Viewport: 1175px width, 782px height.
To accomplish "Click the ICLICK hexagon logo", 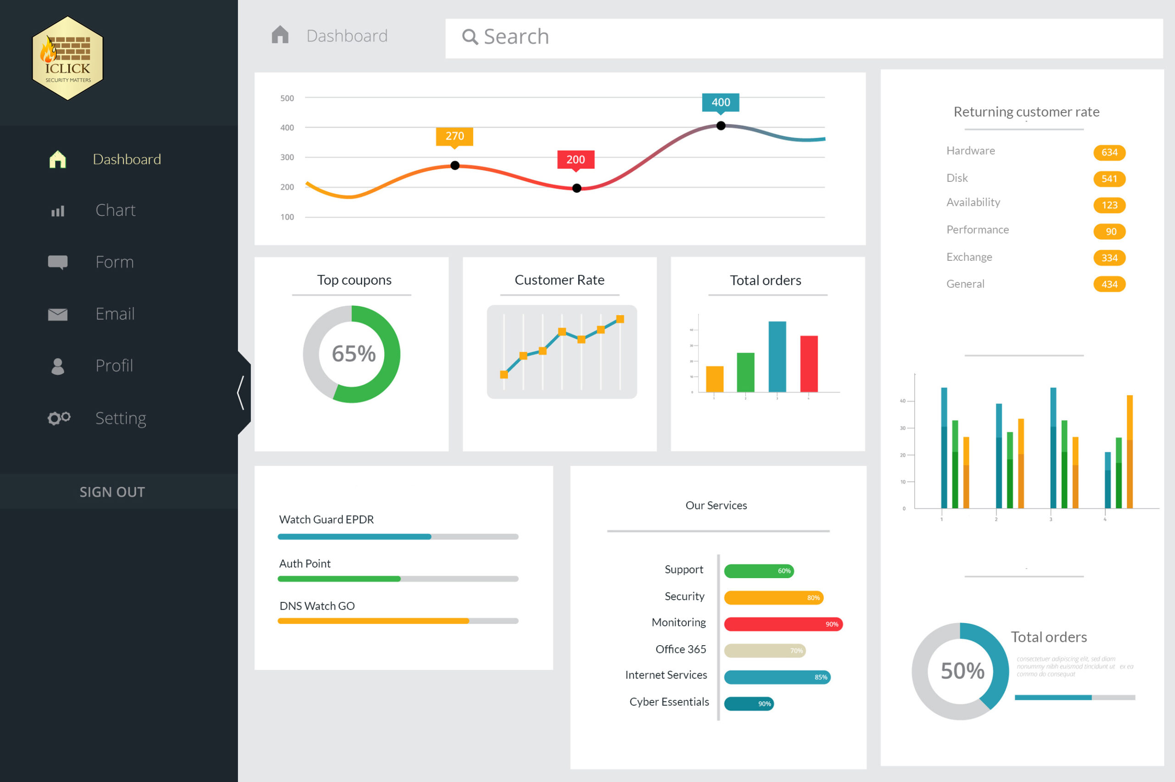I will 67,58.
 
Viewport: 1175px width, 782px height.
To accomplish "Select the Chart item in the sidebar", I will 115,210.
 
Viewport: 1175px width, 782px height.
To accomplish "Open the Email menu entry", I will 115,314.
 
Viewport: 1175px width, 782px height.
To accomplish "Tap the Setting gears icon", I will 59,418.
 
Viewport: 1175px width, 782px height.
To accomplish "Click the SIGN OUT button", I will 112,492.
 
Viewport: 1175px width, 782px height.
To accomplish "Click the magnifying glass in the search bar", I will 470,37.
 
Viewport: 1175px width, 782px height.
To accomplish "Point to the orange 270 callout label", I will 454,135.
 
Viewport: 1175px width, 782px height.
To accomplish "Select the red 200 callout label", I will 575,160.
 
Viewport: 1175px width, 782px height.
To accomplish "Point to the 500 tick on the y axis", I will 287,98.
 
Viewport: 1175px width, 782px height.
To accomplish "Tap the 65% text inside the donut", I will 353,354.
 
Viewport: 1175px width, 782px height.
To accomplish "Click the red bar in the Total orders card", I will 809,364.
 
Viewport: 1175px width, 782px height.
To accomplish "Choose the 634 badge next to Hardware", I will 1109,152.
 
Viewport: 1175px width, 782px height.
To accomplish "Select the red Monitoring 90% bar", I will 783,624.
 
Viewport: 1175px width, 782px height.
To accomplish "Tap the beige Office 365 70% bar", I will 764,650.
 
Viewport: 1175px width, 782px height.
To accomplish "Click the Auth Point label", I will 305,563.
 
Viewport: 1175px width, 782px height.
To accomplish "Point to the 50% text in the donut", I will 962,671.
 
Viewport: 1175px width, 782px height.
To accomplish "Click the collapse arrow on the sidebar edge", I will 241,393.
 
